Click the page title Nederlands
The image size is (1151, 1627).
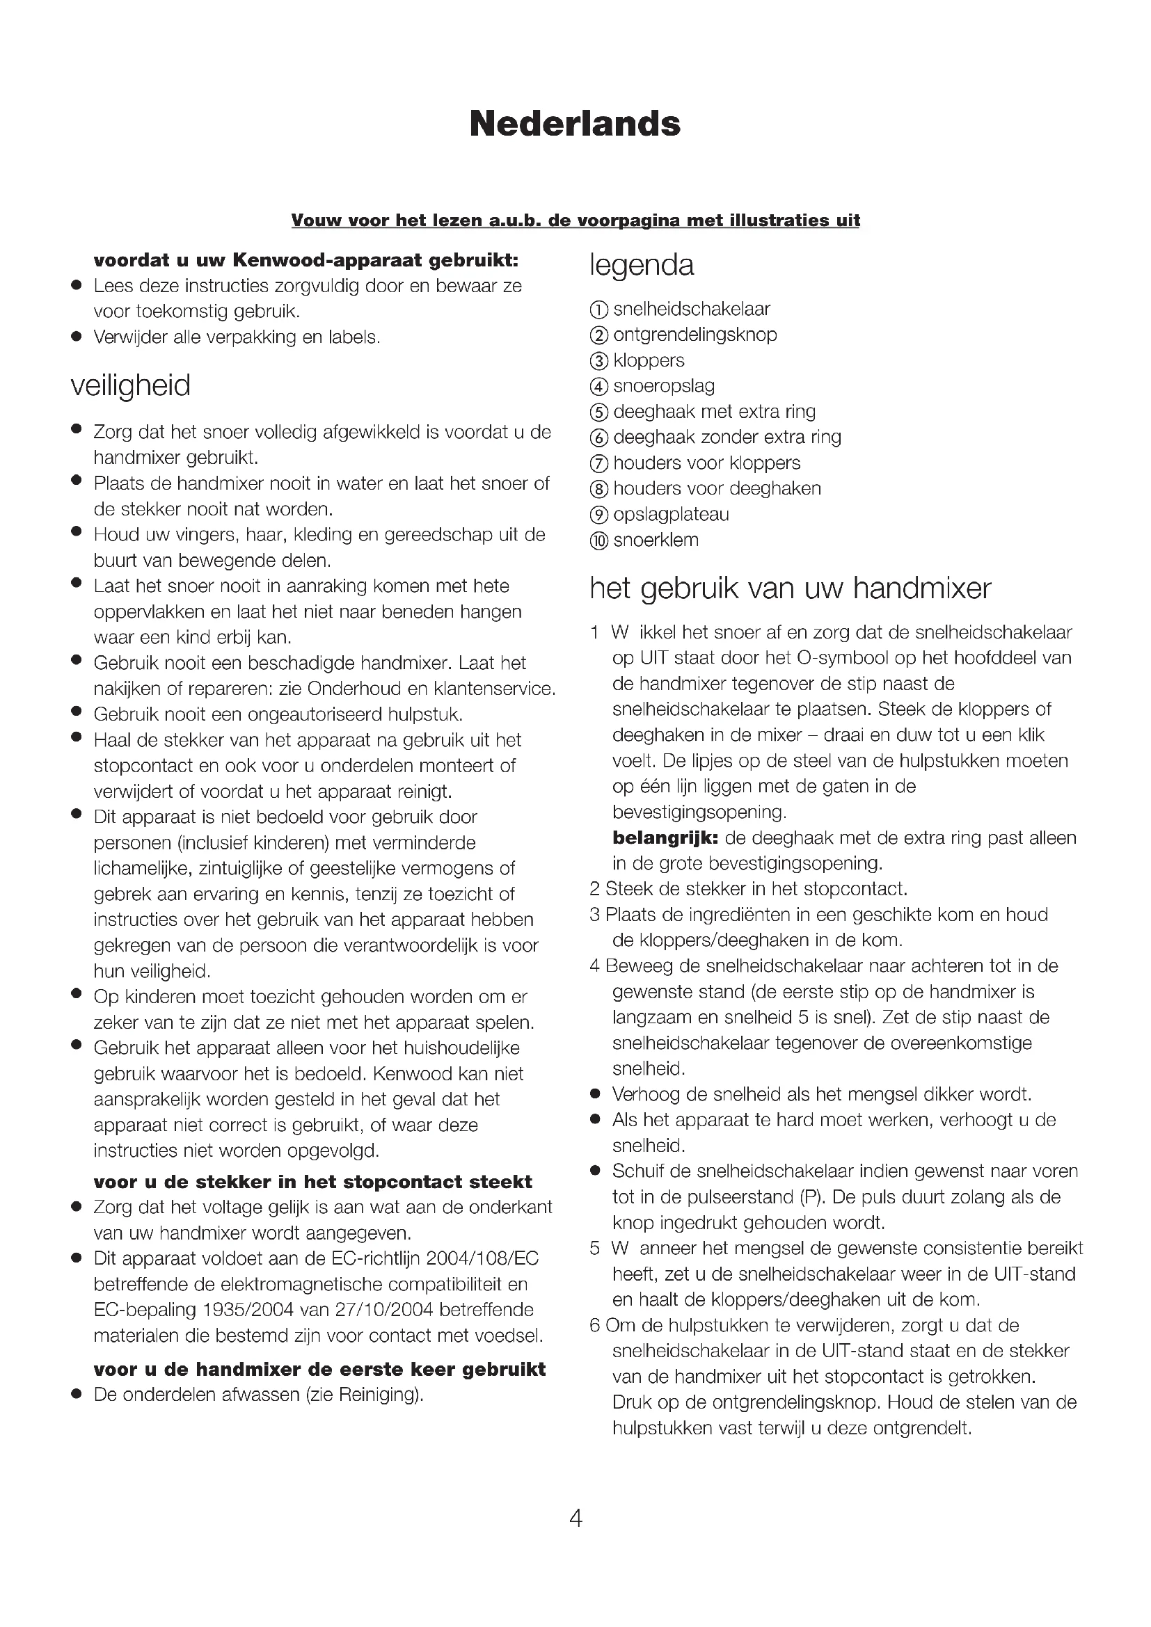point(575,124)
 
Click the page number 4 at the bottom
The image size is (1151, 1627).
point(575,1518)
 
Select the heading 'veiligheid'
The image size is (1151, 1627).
point(130,385)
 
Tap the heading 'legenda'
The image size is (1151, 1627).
point(642,265)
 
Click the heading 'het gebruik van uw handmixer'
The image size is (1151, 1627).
point(791,588)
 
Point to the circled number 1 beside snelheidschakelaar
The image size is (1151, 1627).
point(599,310)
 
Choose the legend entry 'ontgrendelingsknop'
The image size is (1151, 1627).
point(694,335)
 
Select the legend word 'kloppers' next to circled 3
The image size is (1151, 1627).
point(649,360)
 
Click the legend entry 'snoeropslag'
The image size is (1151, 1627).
point(663,386)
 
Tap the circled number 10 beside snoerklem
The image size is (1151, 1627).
point(599,540)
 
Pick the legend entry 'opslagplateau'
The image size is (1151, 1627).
point(670,515)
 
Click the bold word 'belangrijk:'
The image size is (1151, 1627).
point(665,837)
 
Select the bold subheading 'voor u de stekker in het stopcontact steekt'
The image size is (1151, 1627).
point(312,1182)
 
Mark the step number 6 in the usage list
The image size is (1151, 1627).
point(594,1325)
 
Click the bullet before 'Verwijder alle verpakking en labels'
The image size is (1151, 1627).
point(76,337)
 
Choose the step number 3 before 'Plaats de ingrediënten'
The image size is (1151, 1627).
point(594,915)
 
